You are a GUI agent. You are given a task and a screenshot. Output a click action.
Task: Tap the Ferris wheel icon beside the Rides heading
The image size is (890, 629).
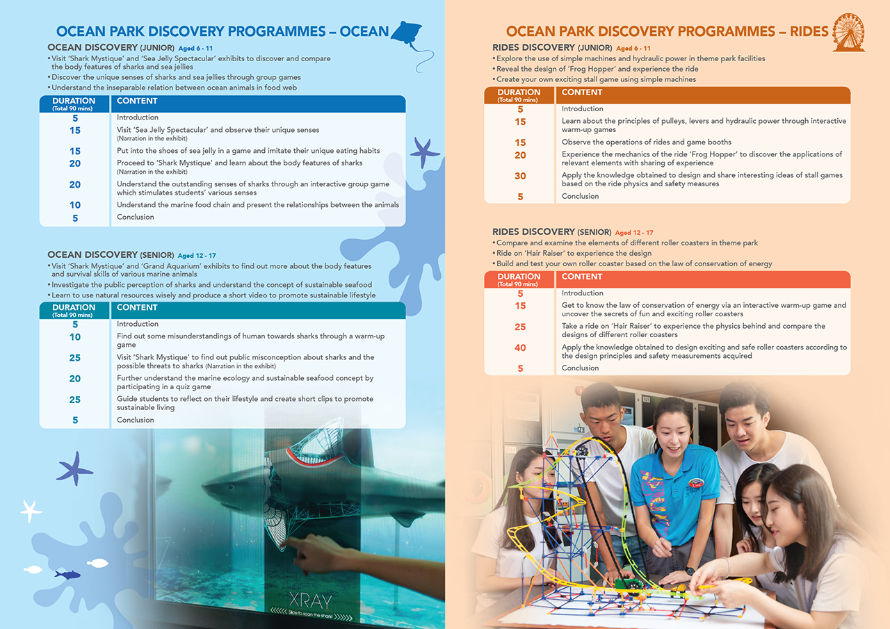click(849, 32)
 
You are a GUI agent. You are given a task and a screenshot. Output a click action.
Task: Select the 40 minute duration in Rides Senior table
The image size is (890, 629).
click(520, 348)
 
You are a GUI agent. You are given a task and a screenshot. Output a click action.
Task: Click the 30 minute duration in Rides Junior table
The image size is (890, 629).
click(520, 177)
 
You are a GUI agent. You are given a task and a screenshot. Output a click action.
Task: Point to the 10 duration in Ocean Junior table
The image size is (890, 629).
click(75, 206)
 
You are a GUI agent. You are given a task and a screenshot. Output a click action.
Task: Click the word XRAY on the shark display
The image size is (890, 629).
click(311, 601)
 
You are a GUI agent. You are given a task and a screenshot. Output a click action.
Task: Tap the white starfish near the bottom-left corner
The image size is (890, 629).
click(31, 510)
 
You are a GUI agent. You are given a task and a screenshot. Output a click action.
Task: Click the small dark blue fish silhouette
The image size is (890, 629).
click(67, 575)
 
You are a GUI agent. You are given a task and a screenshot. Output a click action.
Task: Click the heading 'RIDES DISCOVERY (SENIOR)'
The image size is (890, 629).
click(551, 232)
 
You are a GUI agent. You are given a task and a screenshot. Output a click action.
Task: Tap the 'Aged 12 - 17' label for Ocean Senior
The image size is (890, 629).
click(197, 256)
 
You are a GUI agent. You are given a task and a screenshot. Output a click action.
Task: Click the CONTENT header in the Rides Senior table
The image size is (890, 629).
click(582, 277)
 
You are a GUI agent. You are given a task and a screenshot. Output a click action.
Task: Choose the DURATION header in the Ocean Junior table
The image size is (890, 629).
click(74, 101)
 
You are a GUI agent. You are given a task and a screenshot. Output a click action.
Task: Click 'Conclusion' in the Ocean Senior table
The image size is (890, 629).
click(135, 420)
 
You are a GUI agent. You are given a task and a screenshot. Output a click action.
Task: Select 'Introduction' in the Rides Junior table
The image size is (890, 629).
click(582, 109)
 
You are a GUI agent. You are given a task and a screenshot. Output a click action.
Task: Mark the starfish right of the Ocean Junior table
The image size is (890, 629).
click(423, 152)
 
